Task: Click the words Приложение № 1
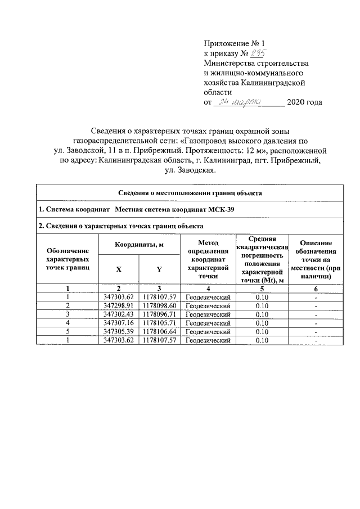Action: click(x=233, y=43)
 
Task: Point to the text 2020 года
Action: click(x=304, y=102)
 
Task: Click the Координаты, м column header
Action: click(x=139, y=245)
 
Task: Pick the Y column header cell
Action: click(x=159, y=269)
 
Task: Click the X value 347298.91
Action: click(x=118, y=305)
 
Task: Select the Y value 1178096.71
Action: click(x=160, y=314)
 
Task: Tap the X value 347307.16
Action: click(x=118, y=323)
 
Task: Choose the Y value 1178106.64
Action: click(x=160, y=332)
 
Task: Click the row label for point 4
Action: click(x=67, y=323)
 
